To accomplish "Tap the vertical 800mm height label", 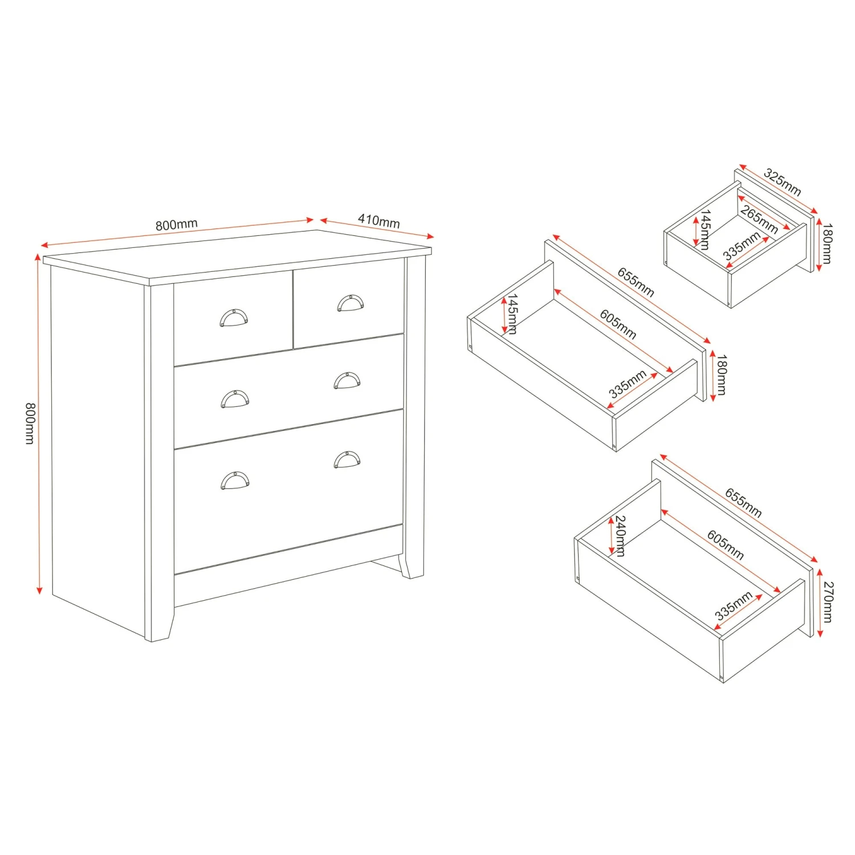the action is [x=30, y=423].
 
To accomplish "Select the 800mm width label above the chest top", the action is [x=177, y=225].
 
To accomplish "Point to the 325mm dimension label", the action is [x=783, y=182].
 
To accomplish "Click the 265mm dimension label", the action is [x=759, y=219].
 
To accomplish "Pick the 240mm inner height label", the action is [x=620, y=536].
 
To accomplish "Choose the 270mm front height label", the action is [x=828, y=602].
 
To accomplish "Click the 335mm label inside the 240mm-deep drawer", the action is [x=734, y=606].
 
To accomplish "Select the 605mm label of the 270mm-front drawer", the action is [x=726, y=544].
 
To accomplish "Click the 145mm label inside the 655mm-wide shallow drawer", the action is [x=512, y=314].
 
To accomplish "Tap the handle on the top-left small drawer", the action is [x=234, y=317].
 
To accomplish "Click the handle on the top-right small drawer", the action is [x=350, y=303].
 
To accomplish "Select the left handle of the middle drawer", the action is [x=235, y=399].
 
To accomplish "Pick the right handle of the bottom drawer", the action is [x=347, y=459].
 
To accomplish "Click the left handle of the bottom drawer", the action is [x=235, y=481].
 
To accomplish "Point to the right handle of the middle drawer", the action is [x=347, y=380].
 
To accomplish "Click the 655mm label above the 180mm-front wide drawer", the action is [x=636, y=282].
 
